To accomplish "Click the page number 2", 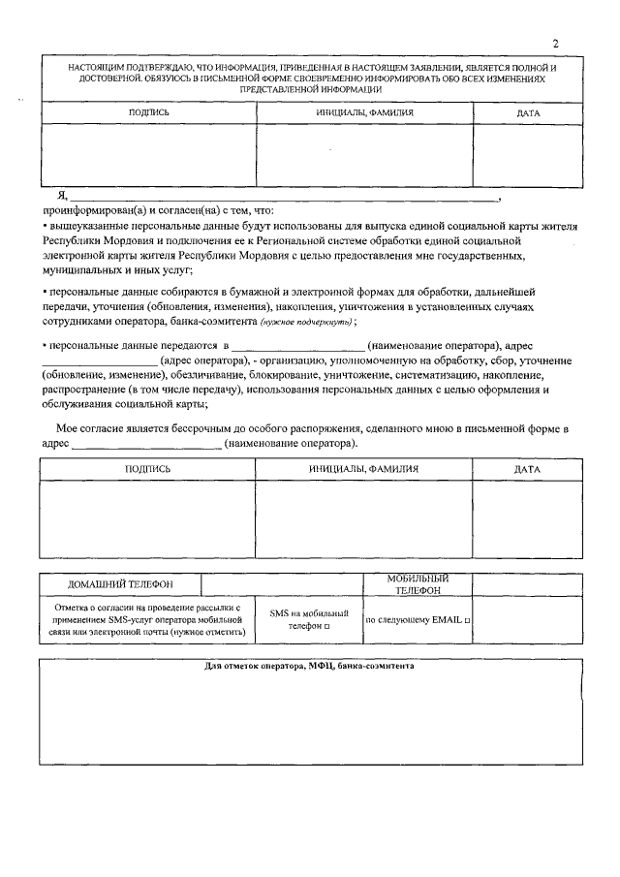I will click(x=555, y=44).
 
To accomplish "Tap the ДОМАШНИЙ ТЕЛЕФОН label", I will click(x=120, y=584).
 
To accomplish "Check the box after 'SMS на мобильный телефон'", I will click(x=326, y=626).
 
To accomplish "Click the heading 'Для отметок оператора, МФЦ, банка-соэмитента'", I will click(x=311, y=667).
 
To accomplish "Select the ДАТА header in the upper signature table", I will click(x=528, y=113).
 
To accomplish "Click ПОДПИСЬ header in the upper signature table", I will click(x=149, y=113).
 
